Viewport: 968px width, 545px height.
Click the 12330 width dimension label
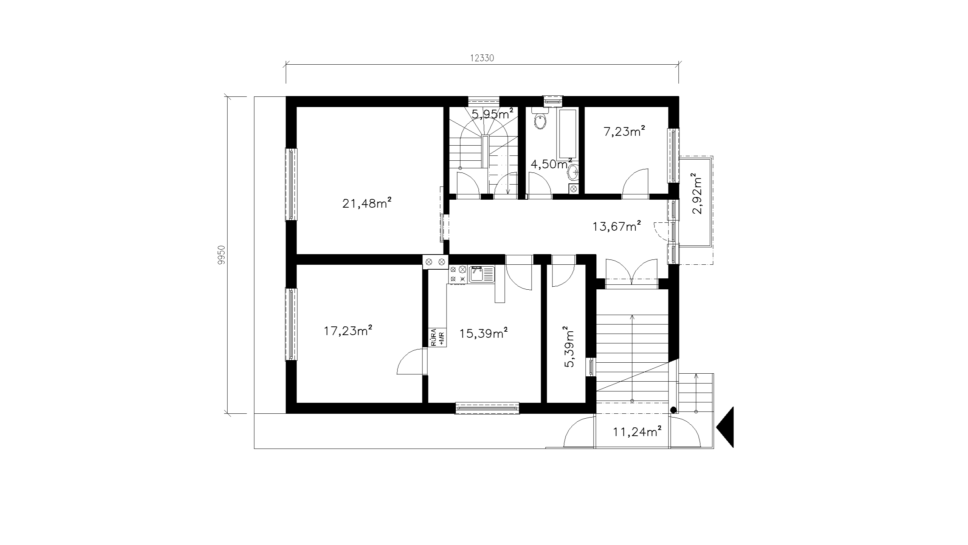coord(482,58)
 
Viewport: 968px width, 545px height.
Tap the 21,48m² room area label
coord(366,203)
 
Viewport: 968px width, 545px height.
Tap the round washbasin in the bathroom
coord(572,173)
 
